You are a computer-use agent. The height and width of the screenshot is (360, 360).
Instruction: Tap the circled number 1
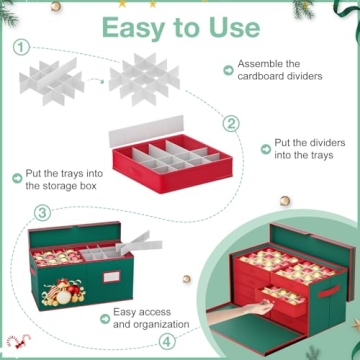pos(21,46)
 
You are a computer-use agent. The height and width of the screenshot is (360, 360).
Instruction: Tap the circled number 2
pos(231,124)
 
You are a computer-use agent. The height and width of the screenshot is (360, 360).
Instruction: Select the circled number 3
pos(43,212)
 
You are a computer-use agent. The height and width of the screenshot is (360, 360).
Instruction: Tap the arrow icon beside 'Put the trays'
pos(18,177)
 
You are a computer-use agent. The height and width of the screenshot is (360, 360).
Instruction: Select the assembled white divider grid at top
pos(146,74)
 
